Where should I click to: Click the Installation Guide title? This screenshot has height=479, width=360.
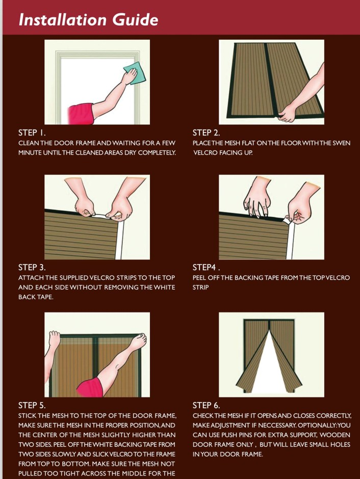pyautogui.click(x=88, y=19)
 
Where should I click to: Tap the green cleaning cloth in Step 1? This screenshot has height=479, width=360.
pyautogui.click(x=133, y=73)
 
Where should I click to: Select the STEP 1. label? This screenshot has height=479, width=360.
pyautogui.click(x=32, y=132)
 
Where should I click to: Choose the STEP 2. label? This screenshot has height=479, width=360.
pyautogui.click(x=207, y=132)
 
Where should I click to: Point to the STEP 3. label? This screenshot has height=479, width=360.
pyautogui.click(x=32, y=268)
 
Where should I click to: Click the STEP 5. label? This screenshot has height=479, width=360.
pyautogui.click(x=32, y=406)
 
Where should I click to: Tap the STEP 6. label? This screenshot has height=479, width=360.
pyautogui.click(x=207, y=406)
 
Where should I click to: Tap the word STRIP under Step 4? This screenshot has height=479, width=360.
pyautogui.click(x=201, y=287)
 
